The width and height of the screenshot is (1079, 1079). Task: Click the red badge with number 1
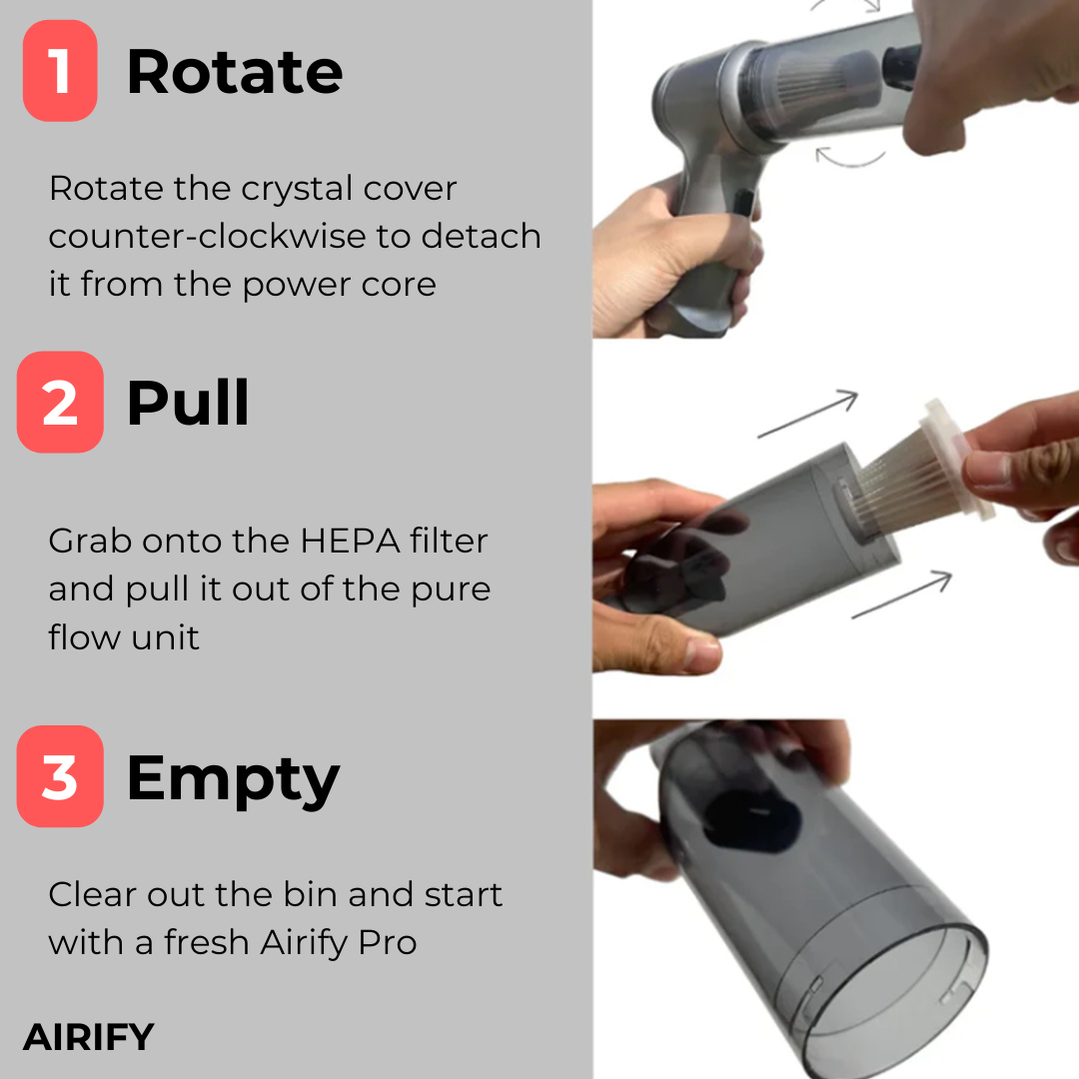[x=60, y=71]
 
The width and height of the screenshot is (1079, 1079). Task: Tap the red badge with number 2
[x=60, y=402]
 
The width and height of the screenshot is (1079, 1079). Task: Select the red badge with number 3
[x=60, y=776]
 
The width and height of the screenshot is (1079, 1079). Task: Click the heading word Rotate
[x=235, y=72]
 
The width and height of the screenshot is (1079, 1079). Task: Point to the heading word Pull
[x=188, y=403]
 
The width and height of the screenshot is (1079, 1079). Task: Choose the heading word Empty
[x=233, y=780]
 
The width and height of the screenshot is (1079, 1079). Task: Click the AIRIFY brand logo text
[x=89, y=1037]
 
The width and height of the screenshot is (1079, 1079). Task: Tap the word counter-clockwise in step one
[x=207, y=236]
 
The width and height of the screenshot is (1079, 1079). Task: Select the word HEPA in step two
[x=350, y=540]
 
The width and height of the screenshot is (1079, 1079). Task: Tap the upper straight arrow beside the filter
[x=808, y=414]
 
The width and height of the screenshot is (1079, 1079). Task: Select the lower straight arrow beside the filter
[x=902, y=594]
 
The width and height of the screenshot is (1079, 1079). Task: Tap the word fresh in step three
[x=206, y=942]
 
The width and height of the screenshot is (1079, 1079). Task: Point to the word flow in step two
[x=83, y=637]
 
